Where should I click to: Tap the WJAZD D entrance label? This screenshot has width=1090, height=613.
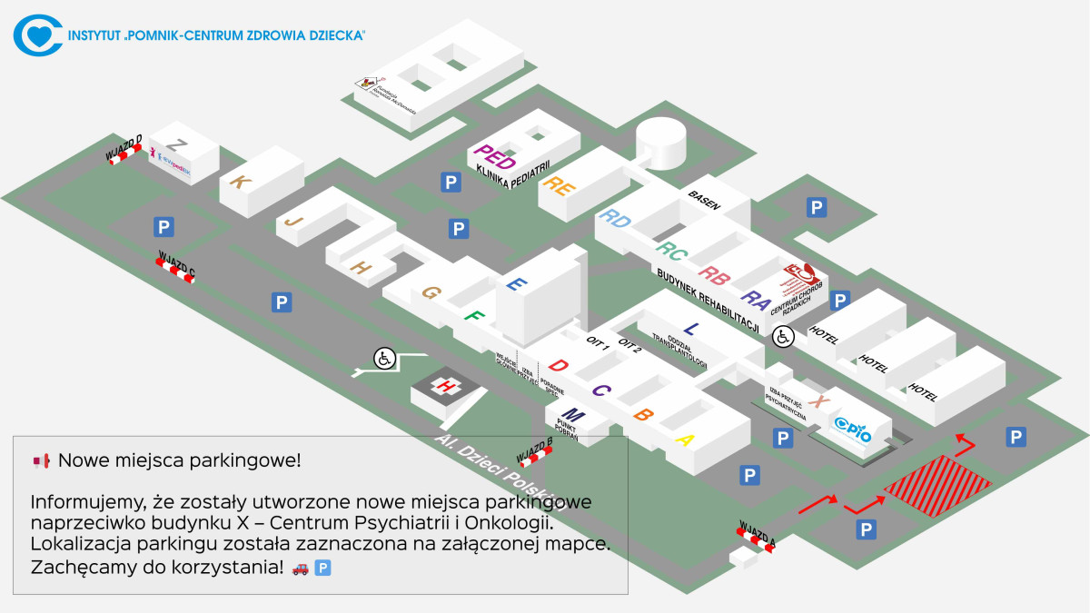point(124,146)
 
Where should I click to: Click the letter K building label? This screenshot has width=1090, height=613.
point(240,182)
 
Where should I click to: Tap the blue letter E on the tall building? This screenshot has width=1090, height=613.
point(516,284)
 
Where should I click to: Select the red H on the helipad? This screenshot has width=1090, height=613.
point(446,386)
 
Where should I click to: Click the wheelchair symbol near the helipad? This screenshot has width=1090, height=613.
point(384,359)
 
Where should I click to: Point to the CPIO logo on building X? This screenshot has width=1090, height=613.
point(852,428)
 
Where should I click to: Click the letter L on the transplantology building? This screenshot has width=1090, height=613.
point(691,328)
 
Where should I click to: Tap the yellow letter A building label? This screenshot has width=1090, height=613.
point(685,440)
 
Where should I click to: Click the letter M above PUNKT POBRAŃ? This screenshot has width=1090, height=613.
point(574,416)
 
